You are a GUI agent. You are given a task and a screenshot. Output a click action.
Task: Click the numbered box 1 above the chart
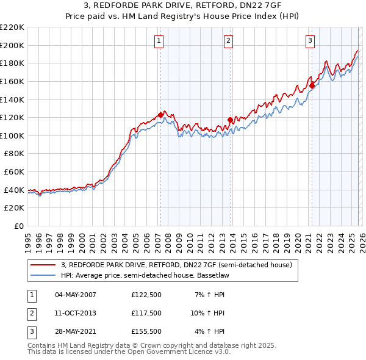(x=159, y=41)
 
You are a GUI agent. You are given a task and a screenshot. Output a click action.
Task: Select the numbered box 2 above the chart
(x=228, y=41)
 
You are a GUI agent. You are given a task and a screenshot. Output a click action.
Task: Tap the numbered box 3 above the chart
(x=310, y=41)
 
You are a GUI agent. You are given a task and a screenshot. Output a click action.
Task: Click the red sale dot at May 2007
(x=160, y=115)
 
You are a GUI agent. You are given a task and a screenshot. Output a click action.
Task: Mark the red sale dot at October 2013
(x=230, y=120)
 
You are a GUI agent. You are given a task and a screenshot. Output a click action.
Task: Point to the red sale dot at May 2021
(x=312, y=85)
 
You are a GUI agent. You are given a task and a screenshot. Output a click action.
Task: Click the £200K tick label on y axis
(x=12, y=45)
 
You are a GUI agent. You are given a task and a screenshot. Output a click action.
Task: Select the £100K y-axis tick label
(x=12, y=135)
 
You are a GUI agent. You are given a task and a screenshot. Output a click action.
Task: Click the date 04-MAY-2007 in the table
(x=76, y=295)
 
